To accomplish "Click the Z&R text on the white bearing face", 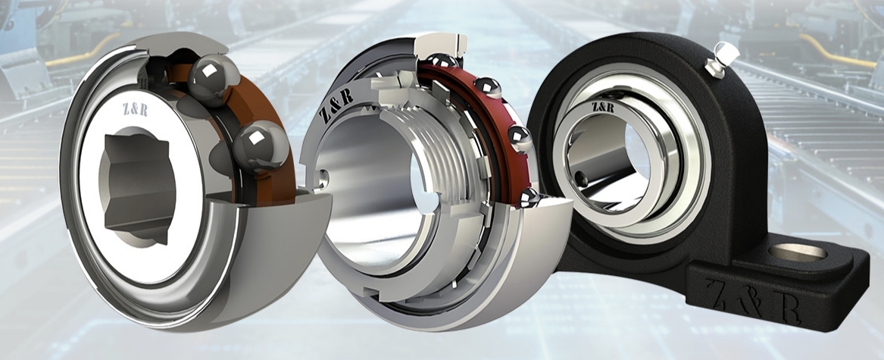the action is coord(136,109).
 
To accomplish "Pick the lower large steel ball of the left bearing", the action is coord(261,146).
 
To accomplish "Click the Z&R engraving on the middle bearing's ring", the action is coord(336,105).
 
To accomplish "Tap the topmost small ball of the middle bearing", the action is coord(441,60).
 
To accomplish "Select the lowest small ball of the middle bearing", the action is coord(529,197).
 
